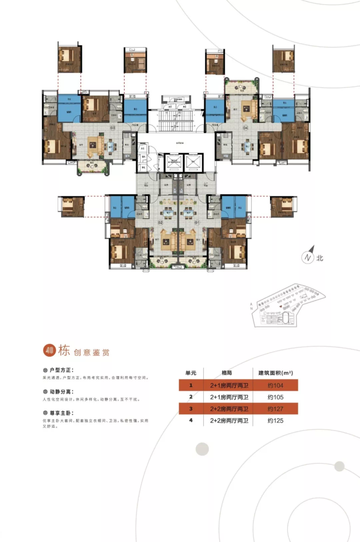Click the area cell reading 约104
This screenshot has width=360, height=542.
275,385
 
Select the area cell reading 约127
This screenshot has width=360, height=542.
275,409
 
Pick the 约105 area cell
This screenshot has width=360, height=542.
275,397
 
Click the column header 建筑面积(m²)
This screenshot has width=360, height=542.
275,373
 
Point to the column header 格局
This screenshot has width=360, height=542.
227,373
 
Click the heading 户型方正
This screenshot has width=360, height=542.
60,370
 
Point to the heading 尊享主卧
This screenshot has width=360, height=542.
60,413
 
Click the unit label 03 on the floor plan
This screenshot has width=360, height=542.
112,128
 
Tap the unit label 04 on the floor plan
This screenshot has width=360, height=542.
246,128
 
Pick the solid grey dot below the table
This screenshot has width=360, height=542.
202,449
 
